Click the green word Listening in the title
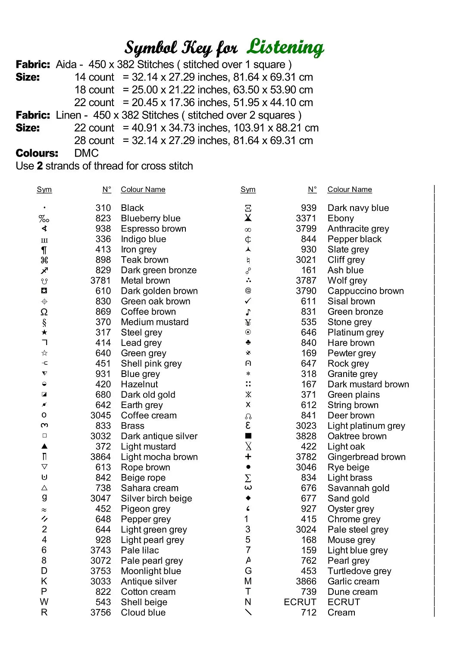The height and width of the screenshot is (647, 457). tap(285, 47)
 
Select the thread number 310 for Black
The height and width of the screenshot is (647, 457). tap(103, 208)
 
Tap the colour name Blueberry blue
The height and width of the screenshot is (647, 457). tap(150, 218)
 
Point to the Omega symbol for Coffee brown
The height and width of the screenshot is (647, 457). tap(44, 312)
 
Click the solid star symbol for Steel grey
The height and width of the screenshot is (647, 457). tap(44, 333)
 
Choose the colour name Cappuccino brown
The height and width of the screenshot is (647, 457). tap(366, 291)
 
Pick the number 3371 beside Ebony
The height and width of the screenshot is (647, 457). tap(306, 218)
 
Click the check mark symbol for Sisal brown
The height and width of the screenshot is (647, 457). tap(248, 301)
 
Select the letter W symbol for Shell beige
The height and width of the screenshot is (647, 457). tap(44, 602)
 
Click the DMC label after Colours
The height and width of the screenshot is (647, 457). tap(86, 153)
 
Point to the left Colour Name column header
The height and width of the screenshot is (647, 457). tap(143, 189)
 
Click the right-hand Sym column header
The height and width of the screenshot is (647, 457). tap(248, 189)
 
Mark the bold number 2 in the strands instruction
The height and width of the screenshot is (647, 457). tap(40, 166)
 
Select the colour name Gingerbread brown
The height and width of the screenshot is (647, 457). tap(366, 457)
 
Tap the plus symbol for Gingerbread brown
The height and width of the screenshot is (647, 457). tap(248, 457)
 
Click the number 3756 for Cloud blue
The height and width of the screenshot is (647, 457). tap(100, 612)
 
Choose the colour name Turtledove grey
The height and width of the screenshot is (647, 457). tap(359, 571)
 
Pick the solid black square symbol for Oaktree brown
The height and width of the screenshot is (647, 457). tap(248, 436)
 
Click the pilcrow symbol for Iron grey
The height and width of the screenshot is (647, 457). tap(44, 250)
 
